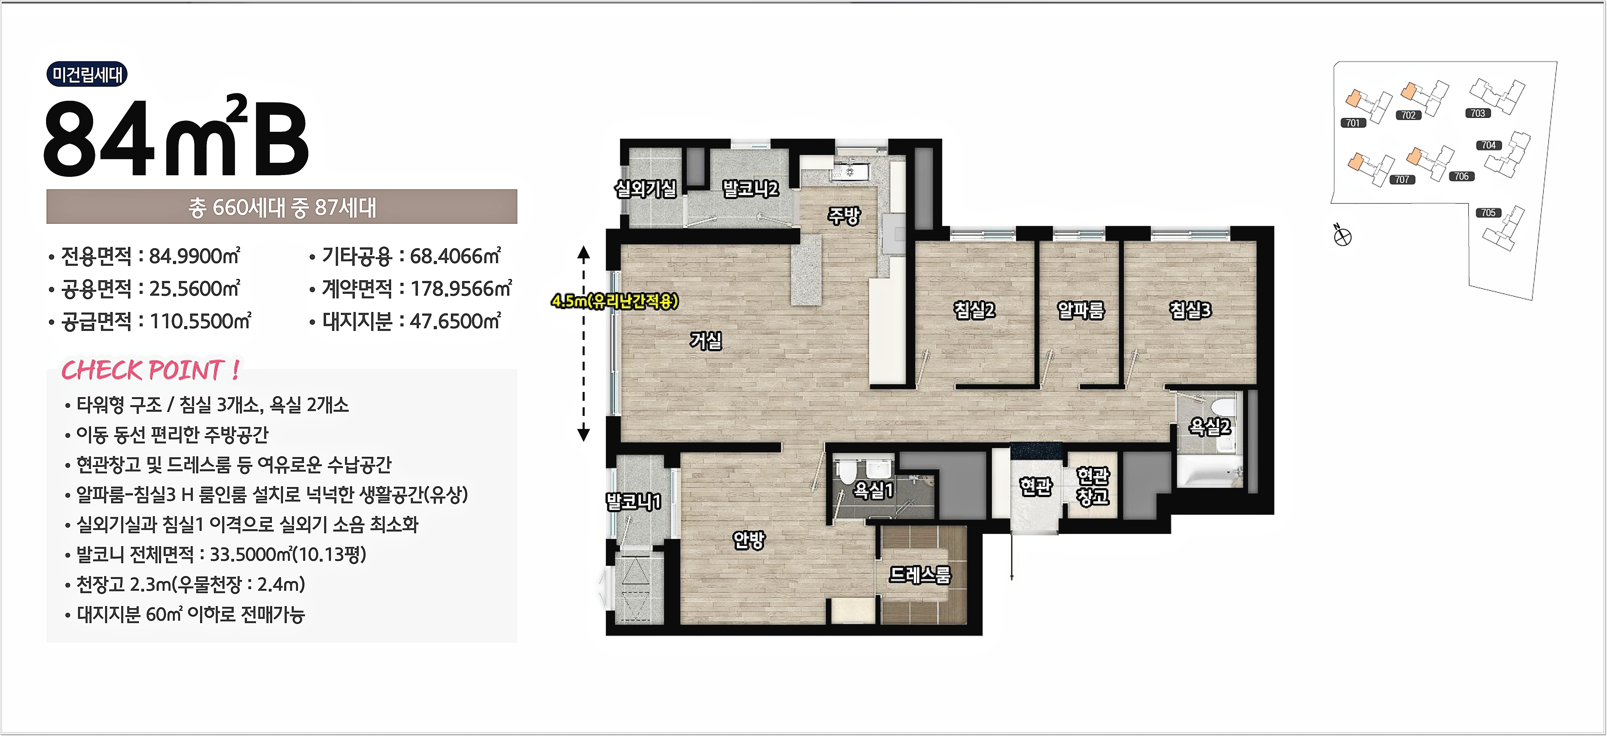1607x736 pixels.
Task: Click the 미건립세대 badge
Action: [87, 74]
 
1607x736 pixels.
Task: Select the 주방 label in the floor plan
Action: [843, 215]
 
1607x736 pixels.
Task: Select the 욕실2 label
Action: [1210, 427]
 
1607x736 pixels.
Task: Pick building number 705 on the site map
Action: [1488, 213]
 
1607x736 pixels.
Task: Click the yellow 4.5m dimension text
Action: [615, 302]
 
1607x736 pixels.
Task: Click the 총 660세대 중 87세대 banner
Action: [282, 207]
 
